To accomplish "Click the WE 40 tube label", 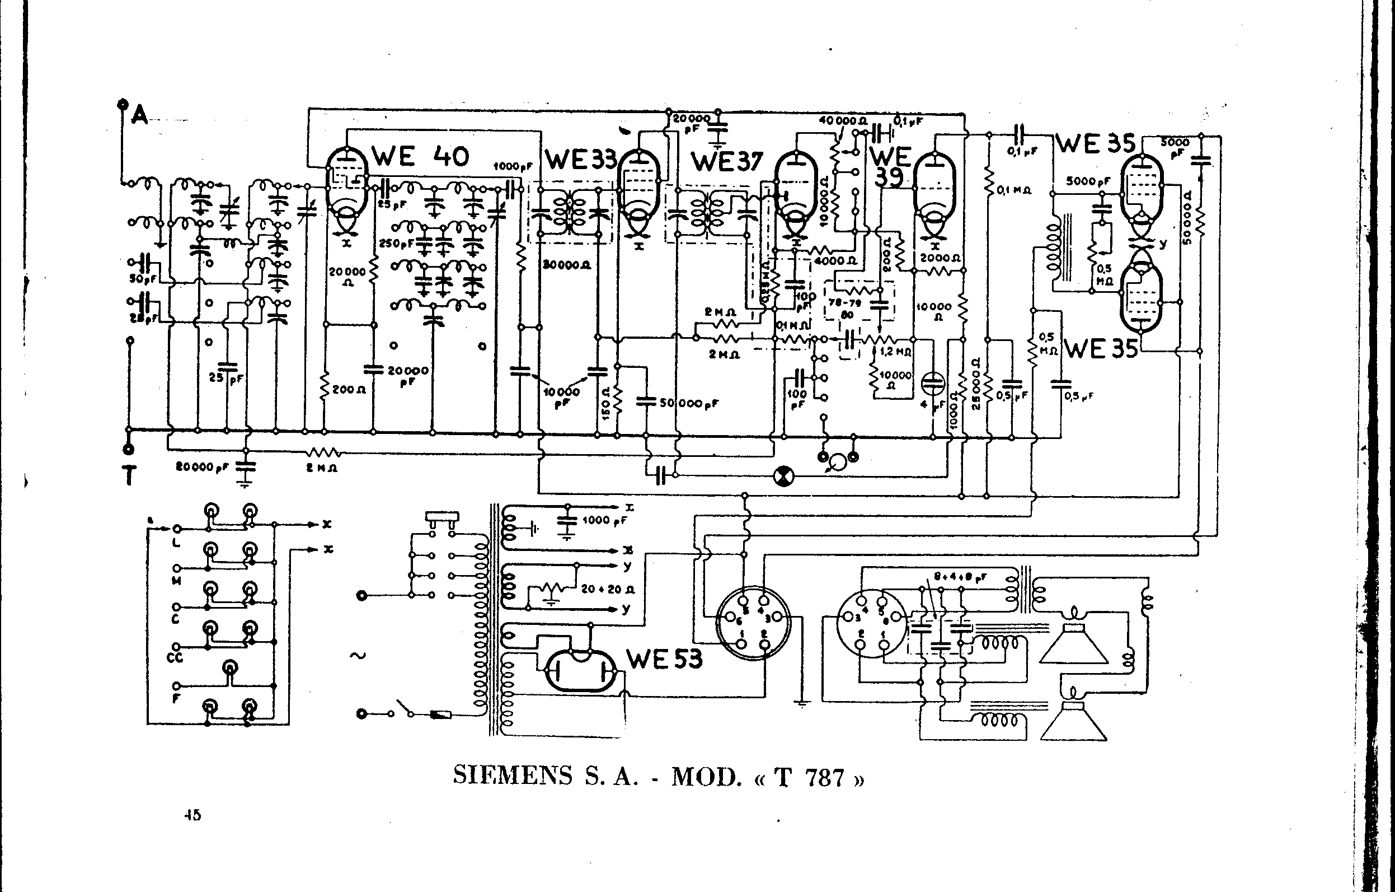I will [x=420, y=156].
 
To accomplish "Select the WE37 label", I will [x=727, y=162].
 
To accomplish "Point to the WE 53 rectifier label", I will [x=664, y=659].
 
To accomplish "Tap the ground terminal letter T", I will [x=129, y=476].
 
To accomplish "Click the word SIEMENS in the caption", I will [x=513, y=776].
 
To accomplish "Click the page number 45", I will [x=193, y=815].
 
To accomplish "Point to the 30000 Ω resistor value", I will [x=567, y=265].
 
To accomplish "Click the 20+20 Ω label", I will [x=608, y=589].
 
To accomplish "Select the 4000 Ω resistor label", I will [x=835, y=261].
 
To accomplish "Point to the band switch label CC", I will [x=175, y=657].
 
